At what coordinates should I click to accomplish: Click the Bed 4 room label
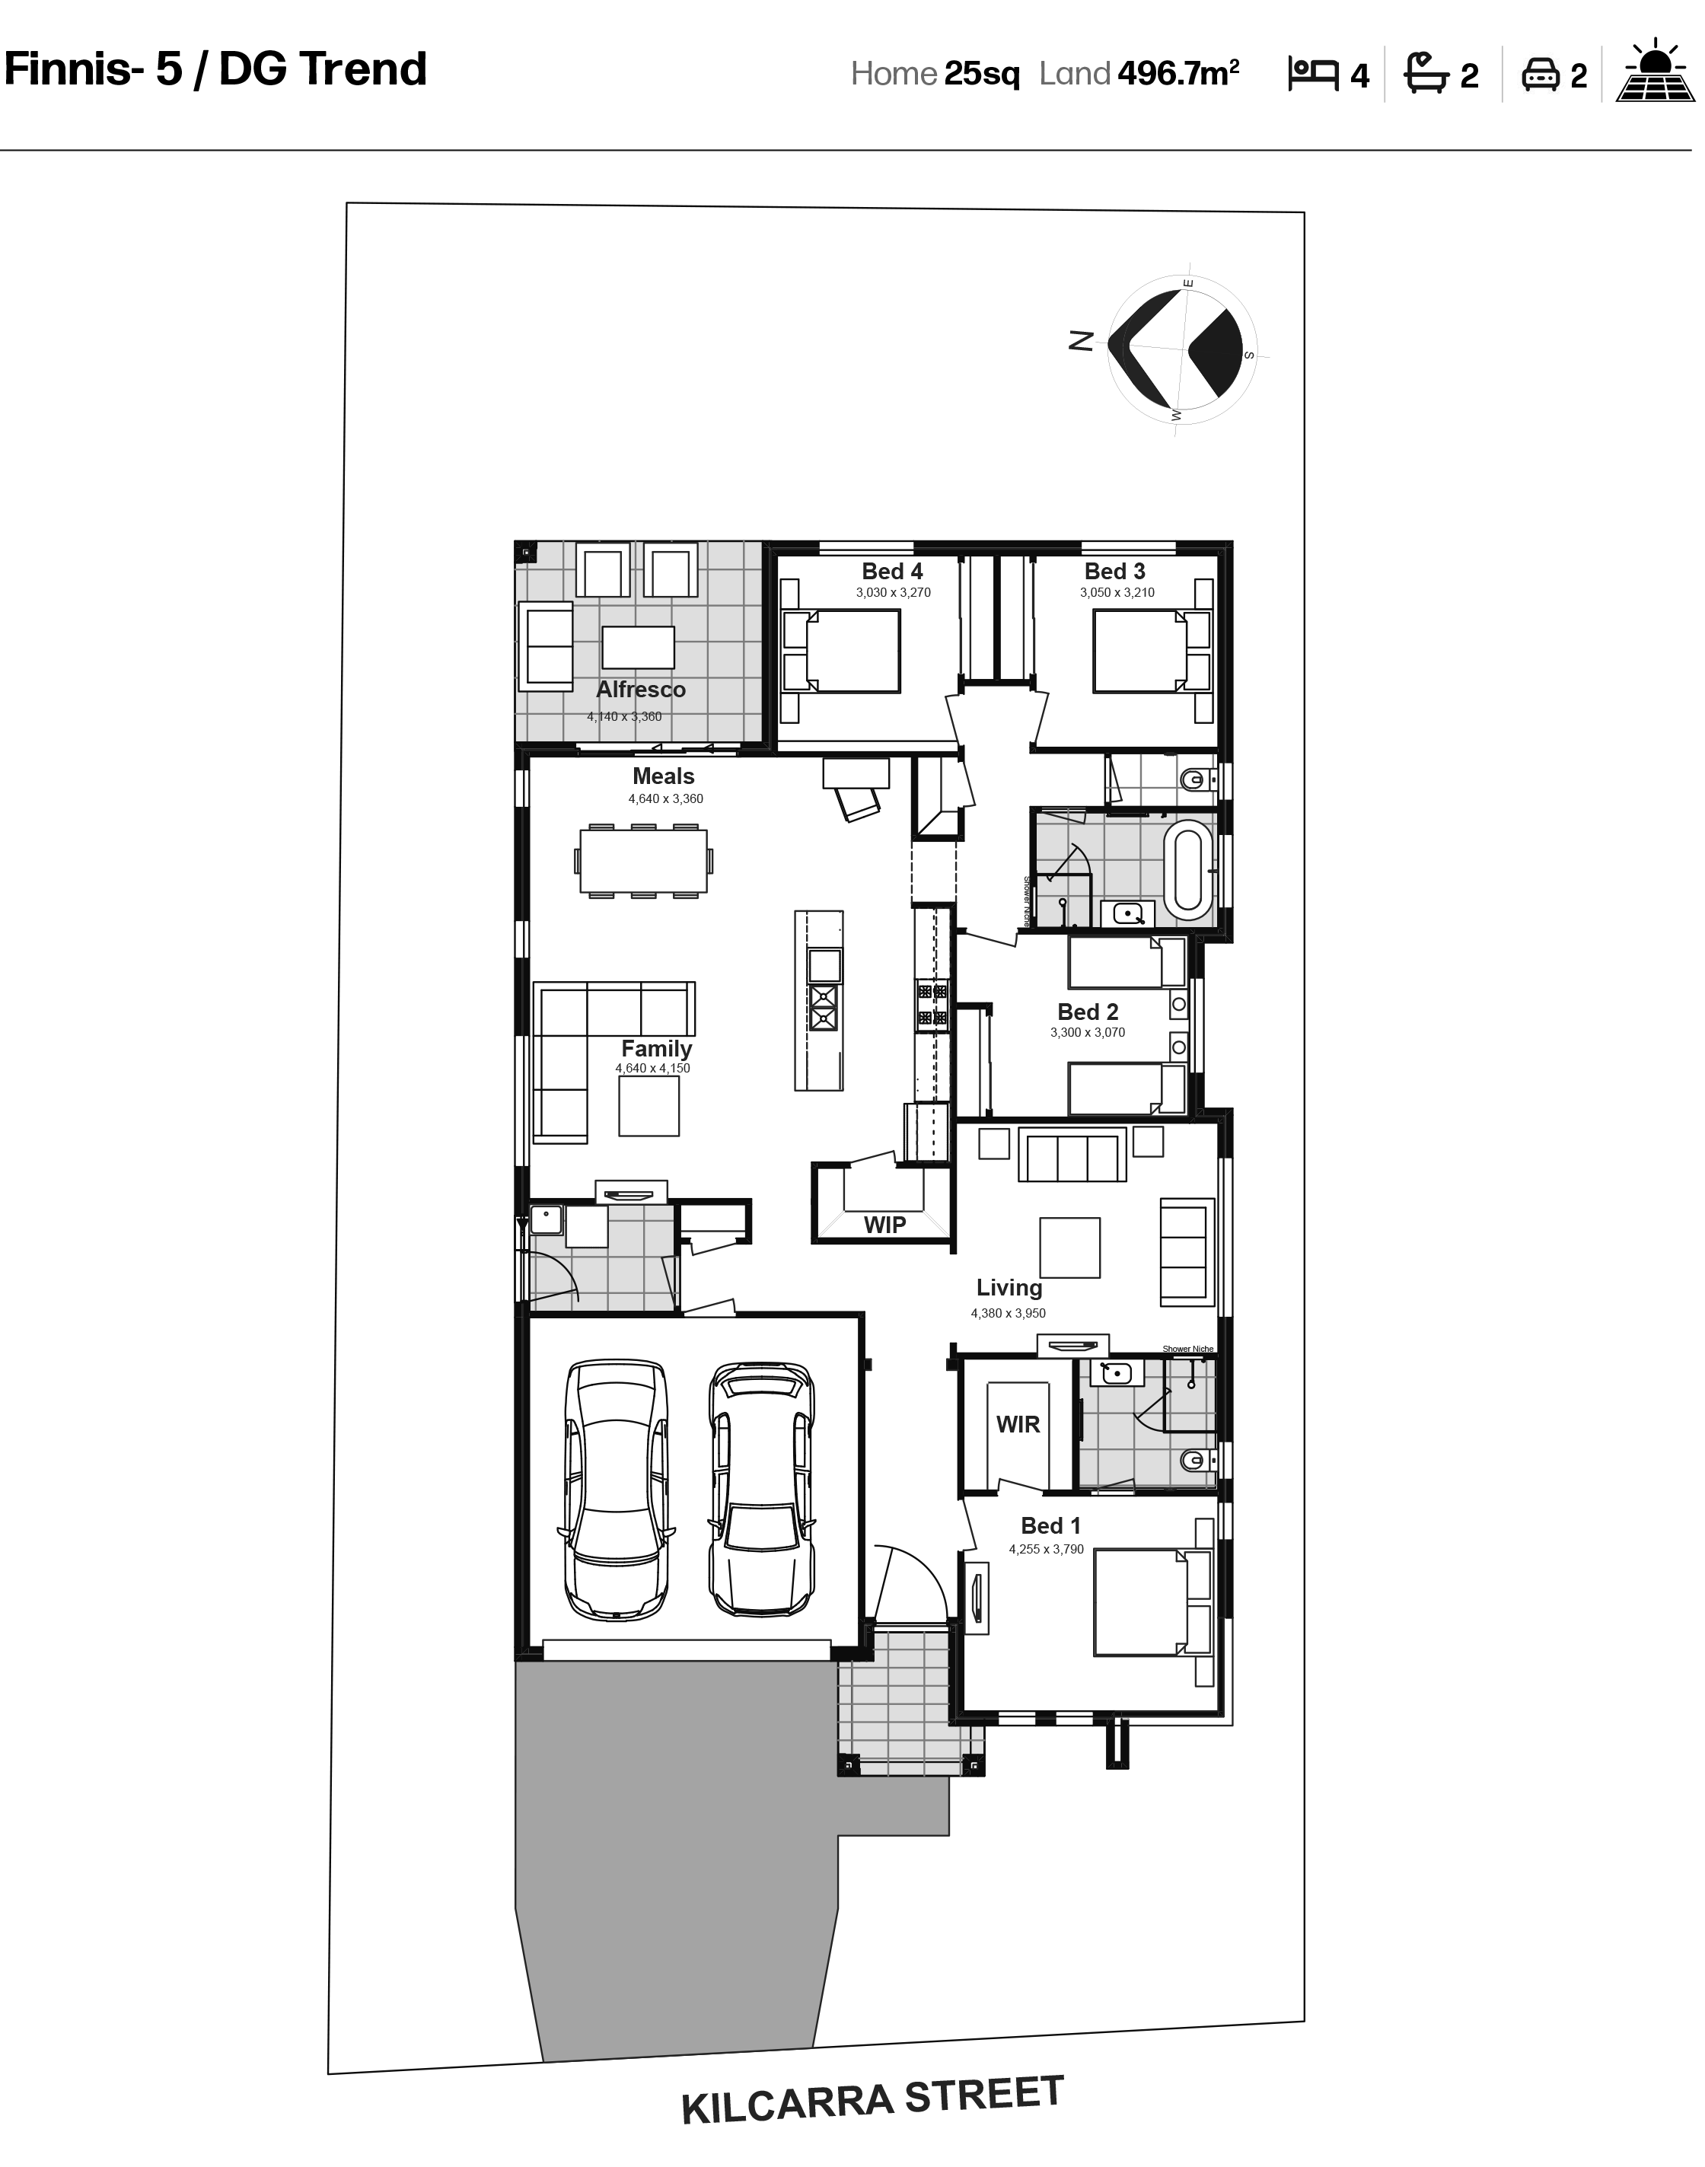(x=891, y=571)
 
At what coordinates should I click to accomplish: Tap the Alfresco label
(x=641, y=690)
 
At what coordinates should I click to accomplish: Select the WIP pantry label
(x=884, y=1225)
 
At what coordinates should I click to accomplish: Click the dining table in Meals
(x=643, y=860)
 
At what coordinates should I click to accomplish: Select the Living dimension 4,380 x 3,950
(x=1009, y=1314)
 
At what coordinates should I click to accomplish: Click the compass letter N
(x=1080, y=341)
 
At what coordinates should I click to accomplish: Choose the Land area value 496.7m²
(x=1178, y=73)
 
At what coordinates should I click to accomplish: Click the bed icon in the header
(x=1313, y=74)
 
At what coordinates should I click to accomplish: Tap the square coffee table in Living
(x=1069, y=1248)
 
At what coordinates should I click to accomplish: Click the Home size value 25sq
(x=982, y=74)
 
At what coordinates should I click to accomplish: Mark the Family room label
(x=656, y=1049)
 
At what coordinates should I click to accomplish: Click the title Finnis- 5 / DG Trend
(x=215, y=69)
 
